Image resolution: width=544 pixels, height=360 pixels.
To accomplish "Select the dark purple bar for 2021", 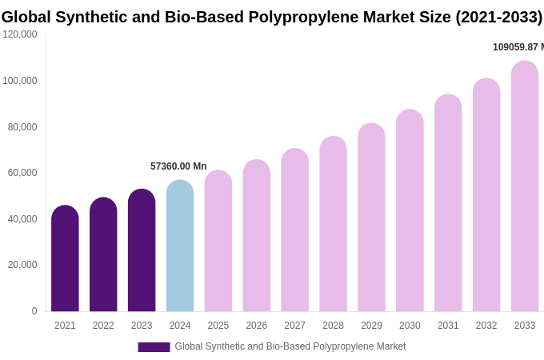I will tap(65, 259).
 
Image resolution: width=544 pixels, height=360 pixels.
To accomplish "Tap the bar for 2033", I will tap(525, 187).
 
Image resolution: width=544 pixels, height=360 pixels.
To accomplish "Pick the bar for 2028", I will tap(333, 225).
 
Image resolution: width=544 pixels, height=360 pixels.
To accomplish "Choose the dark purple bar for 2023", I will tap(142, 251).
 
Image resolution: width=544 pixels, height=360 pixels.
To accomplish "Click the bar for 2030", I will tap(410, 211).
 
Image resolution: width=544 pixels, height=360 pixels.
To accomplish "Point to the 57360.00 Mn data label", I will tap(178, 166).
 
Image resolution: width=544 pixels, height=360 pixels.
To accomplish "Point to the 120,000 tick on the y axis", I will tap(20, 34).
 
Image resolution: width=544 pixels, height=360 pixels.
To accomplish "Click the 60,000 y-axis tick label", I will tap(22, 173).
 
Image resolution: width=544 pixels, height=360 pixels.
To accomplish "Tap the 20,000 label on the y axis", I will tap(22, 265).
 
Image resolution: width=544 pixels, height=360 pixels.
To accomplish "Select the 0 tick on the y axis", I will tap(34, 311).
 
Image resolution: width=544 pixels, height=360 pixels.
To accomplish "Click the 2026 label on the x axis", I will tap(257, 326).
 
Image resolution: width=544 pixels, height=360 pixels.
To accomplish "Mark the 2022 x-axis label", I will tap(103, 326).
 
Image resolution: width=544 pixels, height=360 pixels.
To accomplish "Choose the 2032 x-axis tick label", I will tap(486, 326).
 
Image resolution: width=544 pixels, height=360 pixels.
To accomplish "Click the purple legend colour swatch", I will tap(154, 347).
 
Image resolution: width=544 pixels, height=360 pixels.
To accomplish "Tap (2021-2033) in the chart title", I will tap(498, 17).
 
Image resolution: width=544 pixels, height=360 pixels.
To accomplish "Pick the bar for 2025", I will tap(218, 242).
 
